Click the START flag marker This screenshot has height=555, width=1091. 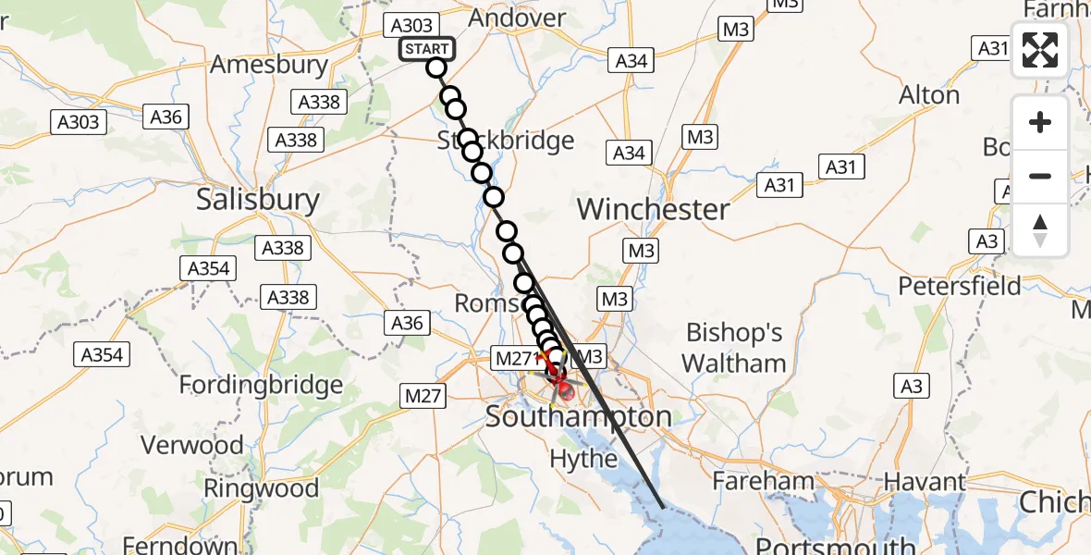pyautogui.click(x=426, y=49)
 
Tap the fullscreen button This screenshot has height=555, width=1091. pyautogui.click(x=1040, y=50)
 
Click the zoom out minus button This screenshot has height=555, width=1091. pyautogui.click(x=1040, y=176)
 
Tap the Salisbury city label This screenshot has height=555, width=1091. pyautogui.click(x=257, y=200)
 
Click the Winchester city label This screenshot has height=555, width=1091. pyautogui.click(x=653, y=209)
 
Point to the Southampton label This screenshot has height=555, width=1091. pyautogui.click(x=579, y=417)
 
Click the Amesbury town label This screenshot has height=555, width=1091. pyautogui.click(x=269, y=65)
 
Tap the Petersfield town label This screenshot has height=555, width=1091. pyautogui.click(x=960, y=286)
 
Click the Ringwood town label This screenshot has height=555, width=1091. pyautogui.click(x=261, y=488)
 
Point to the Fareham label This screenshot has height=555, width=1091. pyautogui.click(x=763, y=481)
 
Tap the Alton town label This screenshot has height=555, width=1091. pyautogui.click(x=929, y=95)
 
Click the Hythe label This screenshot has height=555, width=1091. pyautogui.click(x=583, y=458)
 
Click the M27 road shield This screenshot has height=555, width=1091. pyautogui.click(x=422, y=396)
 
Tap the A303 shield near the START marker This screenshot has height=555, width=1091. pyautogui.click(x=411, y=26)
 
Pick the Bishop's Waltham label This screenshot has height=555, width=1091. pyautogui.click(x=735, y=348)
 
